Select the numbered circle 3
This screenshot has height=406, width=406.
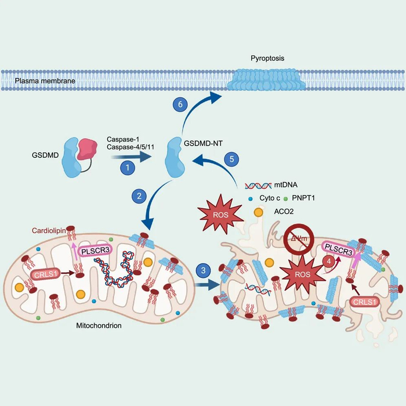(202, 270)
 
